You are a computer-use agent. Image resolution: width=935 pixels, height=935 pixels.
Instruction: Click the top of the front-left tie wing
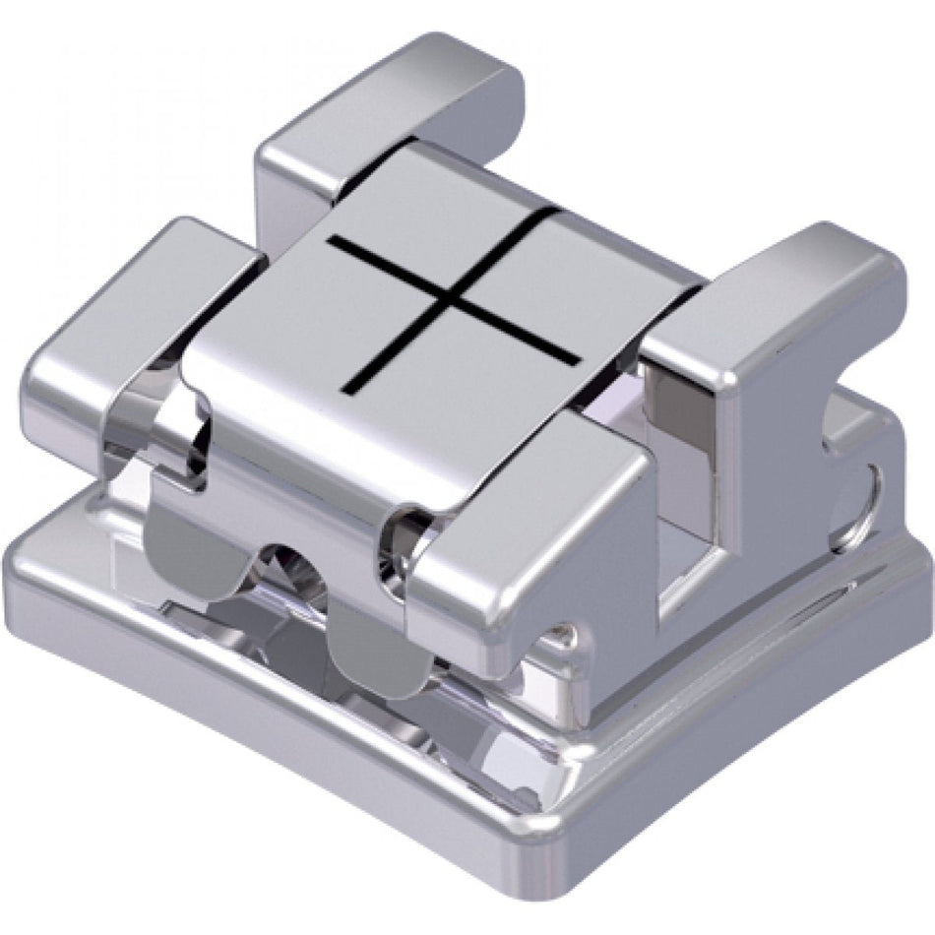pyautogui.click(x=148, y=285)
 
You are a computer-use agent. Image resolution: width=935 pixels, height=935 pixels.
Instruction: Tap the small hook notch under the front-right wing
pyautogui.click(x=561, y=635)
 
